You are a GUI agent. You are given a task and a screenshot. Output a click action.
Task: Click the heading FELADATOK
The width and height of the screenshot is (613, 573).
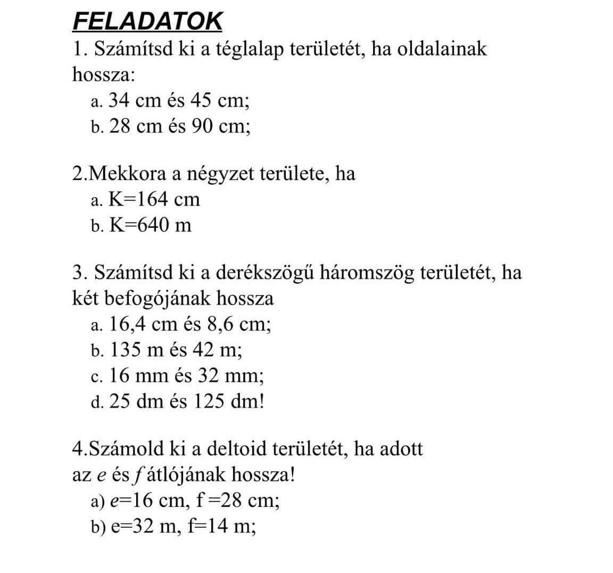point(147,21)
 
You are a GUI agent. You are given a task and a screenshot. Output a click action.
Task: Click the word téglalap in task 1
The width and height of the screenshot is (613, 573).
point(248,49)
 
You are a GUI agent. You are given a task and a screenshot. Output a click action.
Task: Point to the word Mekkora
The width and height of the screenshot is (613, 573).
point(126,174)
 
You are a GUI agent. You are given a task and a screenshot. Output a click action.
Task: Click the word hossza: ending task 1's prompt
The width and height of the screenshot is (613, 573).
point(103,75)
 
